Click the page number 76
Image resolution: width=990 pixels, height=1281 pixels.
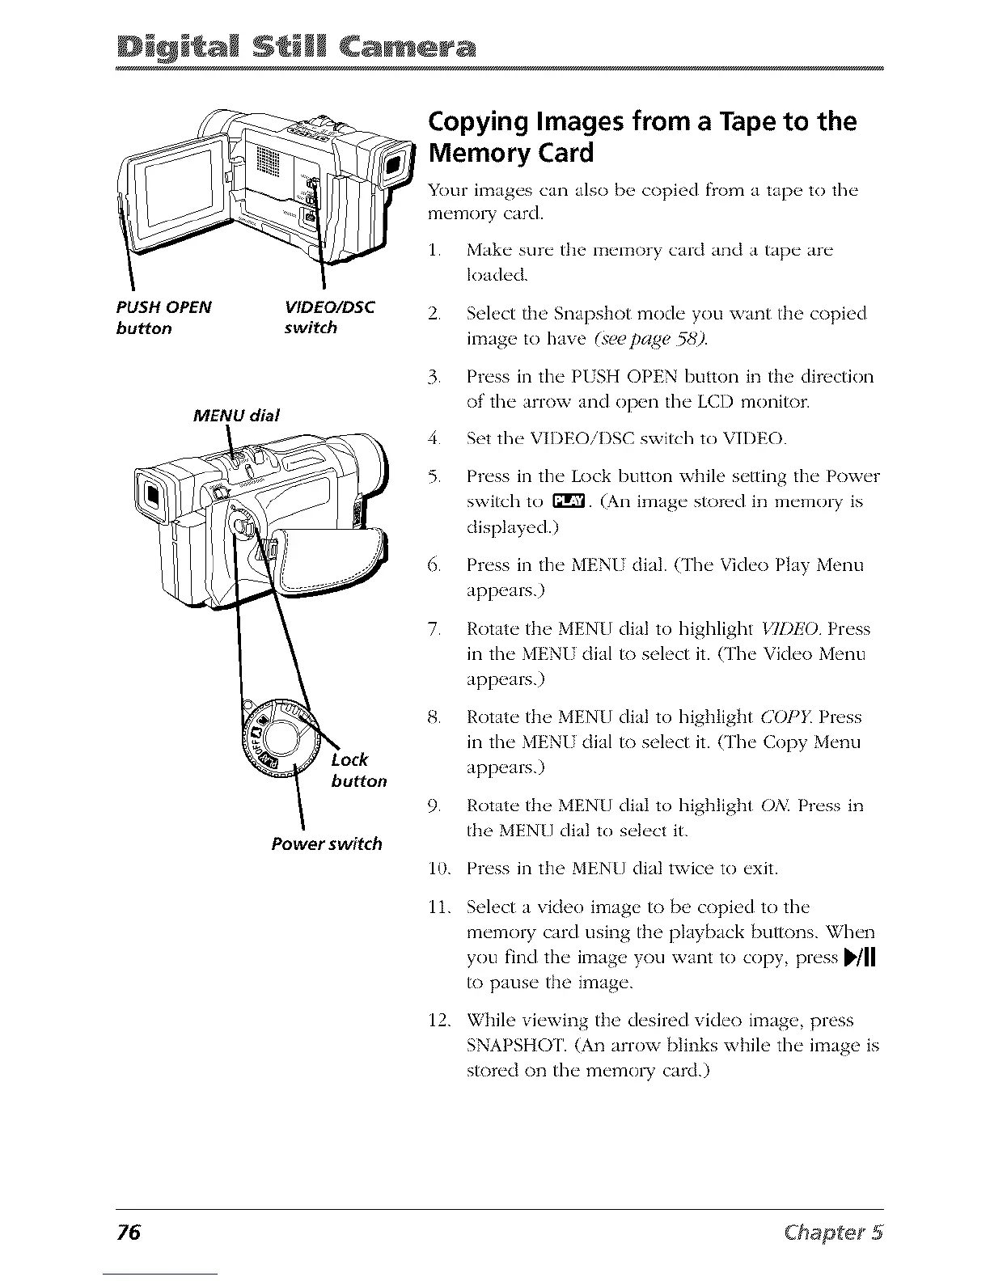click(129, 1233)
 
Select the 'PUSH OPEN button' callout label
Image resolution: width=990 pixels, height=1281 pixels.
click(163, 317)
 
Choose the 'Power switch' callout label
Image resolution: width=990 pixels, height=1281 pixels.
click(327, 843)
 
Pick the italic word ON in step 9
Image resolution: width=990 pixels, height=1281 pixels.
click(776, 805)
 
